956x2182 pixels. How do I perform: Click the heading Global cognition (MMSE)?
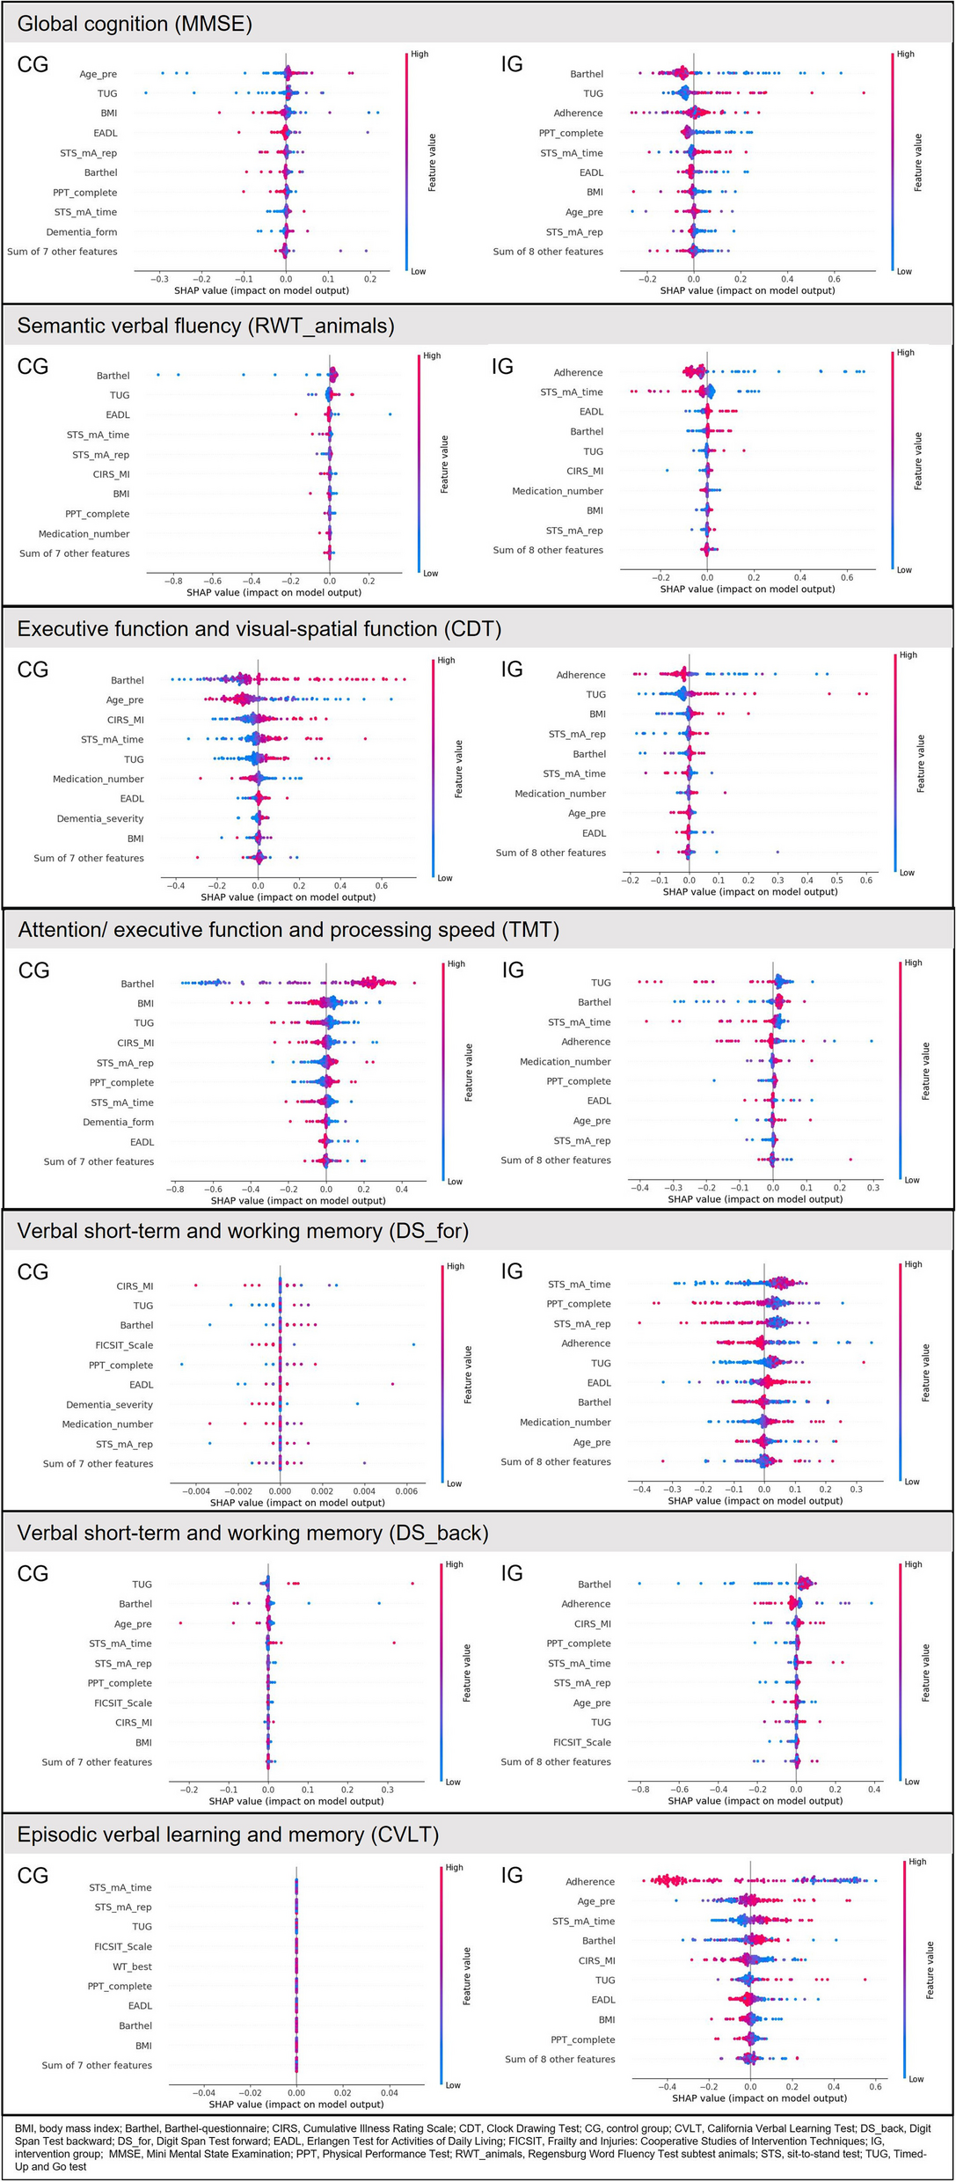click(135, 24)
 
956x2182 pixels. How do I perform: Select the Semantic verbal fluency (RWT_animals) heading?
click(206, 326)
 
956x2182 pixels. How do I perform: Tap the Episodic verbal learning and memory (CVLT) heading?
click(228, 1834)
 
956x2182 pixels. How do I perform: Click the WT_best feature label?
click(132, 1966)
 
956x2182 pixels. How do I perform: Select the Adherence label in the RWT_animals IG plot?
click(578, 373)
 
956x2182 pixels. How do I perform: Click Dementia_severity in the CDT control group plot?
click(99, 818)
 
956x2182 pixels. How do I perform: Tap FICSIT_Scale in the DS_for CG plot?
click(124, 1345)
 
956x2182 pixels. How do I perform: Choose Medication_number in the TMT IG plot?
click(565, 1062)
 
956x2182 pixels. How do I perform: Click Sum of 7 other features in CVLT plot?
click(97, 2065)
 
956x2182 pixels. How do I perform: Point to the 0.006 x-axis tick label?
click(406, 1491)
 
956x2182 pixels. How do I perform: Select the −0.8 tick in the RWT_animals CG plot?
click(172, 581)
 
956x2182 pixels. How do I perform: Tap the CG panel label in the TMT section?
click(33, 970)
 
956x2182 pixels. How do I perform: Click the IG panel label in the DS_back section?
click(512, 1573)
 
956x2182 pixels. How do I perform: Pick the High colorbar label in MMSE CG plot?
click(420, 55)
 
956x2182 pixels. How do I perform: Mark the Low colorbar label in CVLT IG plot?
click(916, 2079)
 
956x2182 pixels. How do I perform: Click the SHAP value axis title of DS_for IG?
click(755, 1501)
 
